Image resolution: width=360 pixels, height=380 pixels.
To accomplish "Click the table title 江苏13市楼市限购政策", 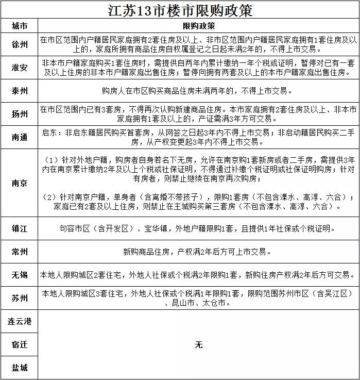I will [x=180, y=10].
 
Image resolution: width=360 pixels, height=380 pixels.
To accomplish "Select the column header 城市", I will [x=20, y=26].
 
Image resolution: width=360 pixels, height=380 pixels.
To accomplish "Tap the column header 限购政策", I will [x=199, y=26].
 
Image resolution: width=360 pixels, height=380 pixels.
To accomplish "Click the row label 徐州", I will [x=20, y=44].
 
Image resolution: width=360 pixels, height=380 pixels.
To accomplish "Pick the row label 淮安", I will [x=20, y=68].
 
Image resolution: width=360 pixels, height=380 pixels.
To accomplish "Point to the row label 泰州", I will [x=20, y=91].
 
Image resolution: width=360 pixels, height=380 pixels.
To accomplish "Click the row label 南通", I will [x=20, y=137].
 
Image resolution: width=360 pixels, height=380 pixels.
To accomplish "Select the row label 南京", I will [x=20, y=183].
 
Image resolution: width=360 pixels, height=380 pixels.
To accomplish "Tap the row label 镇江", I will [x=20, y=228].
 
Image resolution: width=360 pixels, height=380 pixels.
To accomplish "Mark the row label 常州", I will [x=20, y=252].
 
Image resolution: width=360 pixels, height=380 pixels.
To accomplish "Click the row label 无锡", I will [x=20, y=275].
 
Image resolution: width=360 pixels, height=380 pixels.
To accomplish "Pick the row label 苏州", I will [x=20, y=298].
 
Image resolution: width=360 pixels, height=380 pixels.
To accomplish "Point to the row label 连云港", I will [x=20, y=321].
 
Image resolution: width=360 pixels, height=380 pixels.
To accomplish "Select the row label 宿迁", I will [x=20, y=344].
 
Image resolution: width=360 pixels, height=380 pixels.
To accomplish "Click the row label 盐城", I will [x=20, y=368].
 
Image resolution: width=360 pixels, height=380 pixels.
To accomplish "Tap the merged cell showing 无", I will [x=199, y=344].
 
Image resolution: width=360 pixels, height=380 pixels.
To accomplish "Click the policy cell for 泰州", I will [x=199, y=91].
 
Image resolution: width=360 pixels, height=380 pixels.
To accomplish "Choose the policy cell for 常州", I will [x=199, y=252].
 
